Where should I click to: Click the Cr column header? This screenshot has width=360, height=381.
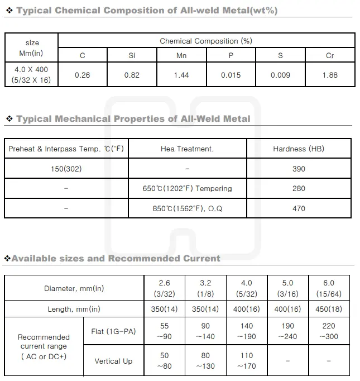(x=330, y=55)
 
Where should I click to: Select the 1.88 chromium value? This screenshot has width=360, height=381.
(x=330, y=75)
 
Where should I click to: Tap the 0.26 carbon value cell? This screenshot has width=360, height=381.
(x=82, y=75)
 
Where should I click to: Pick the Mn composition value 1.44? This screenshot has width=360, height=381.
(x=181, y=75)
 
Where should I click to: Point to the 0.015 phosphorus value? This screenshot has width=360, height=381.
(x=231, y=75)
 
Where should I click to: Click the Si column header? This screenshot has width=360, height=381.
(x=132, y=55)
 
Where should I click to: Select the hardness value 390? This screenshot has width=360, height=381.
(x=299, y=169)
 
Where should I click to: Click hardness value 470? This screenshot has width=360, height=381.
(x=299, y=208)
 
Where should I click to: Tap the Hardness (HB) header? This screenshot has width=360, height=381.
(x=299, y=149)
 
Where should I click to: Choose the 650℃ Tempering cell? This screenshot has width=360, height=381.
(x=187, y=189)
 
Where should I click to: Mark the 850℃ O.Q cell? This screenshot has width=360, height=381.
(x=187, y=208)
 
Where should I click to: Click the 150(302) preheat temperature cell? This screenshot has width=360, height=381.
(x=66, y=169)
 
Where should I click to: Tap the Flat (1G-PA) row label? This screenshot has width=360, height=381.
(x=113, y=332)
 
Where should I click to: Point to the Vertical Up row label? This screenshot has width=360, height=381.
(x=113, y=361)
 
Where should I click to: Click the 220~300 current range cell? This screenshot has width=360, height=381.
(x=328, y=331)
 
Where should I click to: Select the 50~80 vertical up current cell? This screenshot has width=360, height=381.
(x=164, y=361)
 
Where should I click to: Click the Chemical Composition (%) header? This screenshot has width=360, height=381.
(x=206, y=41)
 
